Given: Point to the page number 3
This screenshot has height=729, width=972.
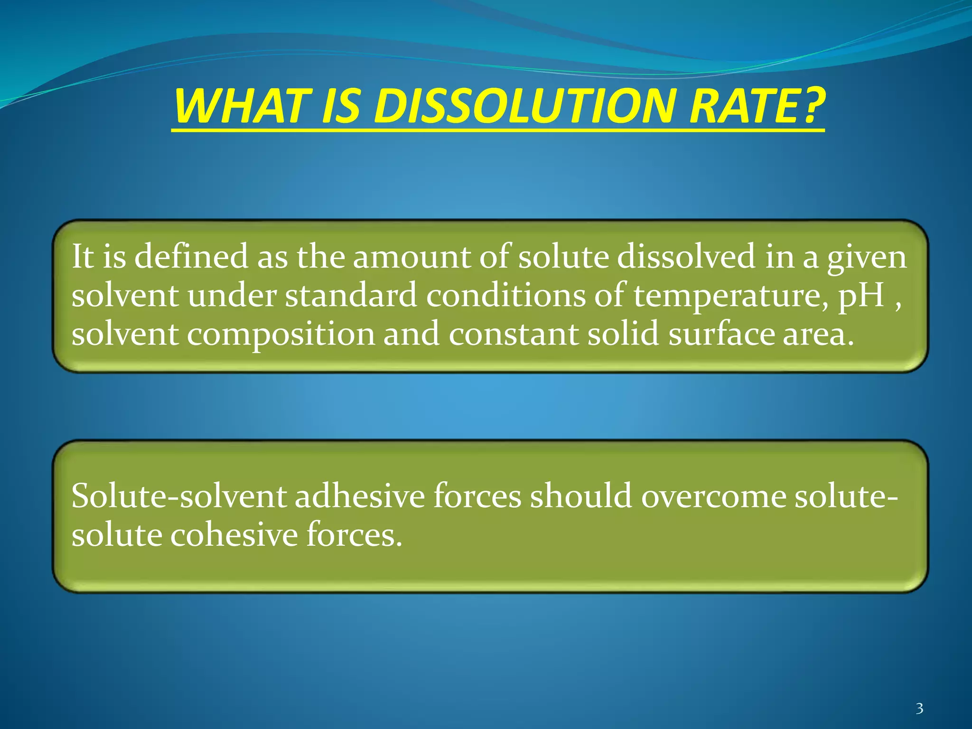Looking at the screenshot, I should pyautogui.click(x=919, y=709).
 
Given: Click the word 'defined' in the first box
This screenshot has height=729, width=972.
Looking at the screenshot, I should pyautogui.click(x=191, y=256).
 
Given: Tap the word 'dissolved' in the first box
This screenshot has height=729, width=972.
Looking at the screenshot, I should pyautogui.click(x=686, y=256).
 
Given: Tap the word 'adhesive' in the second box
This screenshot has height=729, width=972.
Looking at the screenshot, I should pyautogui.click(x=359, y=496).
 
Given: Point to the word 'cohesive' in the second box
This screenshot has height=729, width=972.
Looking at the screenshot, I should pyautogui.click(x=234, y=535).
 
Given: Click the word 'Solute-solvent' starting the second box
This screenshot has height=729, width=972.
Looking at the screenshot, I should pyautogui.click(x=178, y=496).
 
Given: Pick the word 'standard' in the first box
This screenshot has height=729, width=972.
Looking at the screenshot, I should pyautogui.click(x=351, y=295).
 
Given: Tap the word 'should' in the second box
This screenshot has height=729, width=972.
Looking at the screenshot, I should pyautogui.click(x=581, y=496).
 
